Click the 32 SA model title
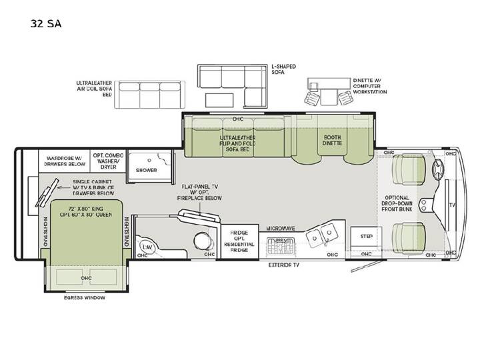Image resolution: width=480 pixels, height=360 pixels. click(x=46, y=23)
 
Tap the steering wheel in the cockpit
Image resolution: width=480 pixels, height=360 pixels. click(x=438, y=169)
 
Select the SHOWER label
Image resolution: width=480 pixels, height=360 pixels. click(x=146, y=170)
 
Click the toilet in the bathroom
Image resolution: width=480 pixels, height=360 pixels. click(x=201, y=241)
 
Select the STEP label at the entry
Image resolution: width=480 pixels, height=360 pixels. click(x=367, y=236)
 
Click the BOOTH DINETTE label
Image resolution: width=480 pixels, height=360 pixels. click(x=332, y=140)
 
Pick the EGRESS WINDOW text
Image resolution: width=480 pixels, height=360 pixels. click(x=85, y=297)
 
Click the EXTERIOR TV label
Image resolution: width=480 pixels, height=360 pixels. click(x=284, y=265)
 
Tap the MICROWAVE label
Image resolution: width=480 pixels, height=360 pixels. click(x=281, y=229)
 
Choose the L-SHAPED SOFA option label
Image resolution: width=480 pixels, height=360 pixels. click(x=284, y=69)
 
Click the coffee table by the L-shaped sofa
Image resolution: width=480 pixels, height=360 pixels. click(x=219, y=100)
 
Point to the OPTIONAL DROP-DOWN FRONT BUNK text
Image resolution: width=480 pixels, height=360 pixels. click(x=397, y=203)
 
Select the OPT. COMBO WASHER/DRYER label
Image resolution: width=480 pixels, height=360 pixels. click(x=109, y=161)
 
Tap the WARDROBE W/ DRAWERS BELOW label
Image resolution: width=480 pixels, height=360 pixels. click(x=65, y=161)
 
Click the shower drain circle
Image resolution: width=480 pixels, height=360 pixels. click(x=149, y=160)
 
